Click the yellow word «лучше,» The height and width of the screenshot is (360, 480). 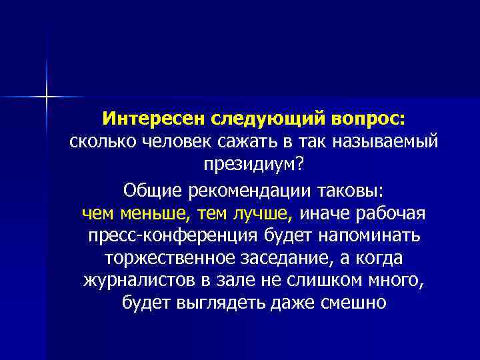(x=263, y=213)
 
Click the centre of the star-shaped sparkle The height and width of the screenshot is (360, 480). (x=47, y=97)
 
